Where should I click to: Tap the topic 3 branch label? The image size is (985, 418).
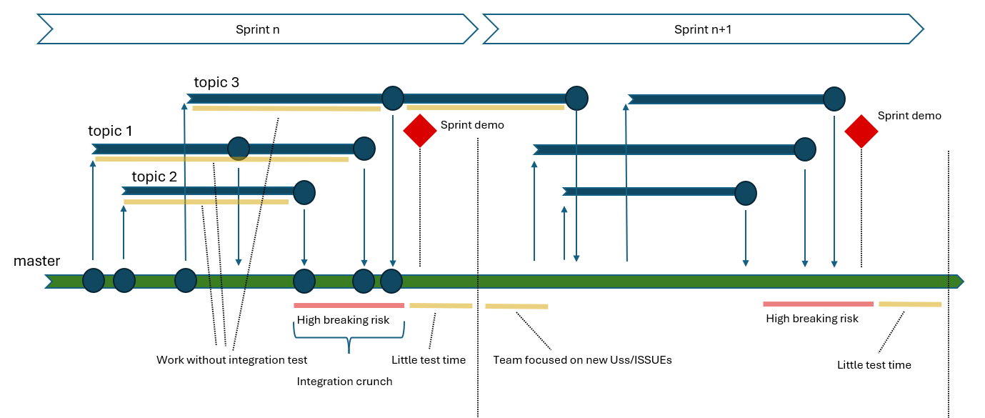click(216, 82)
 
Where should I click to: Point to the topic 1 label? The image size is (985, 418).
click(110, 131)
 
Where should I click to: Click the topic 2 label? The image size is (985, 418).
click(154, 176)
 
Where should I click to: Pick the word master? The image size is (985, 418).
click(37, 262)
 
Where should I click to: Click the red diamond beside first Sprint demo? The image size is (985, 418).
click(420, 131)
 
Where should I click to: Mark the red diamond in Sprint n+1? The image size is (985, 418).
click(861, 131)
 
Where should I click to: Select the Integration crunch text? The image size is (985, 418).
click(344, 382)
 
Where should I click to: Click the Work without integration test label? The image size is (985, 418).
click(231, 360)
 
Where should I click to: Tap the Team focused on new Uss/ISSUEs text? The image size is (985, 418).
click(582, 360)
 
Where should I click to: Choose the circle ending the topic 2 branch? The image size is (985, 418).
click(304, 191)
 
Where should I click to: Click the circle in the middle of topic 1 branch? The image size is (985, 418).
click(238, 149)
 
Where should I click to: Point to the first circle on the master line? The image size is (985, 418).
click(93, 280)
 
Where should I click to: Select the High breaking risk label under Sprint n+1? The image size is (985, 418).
click(812, 319)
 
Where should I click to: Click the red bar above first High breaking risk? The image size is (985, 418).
click(349, 305)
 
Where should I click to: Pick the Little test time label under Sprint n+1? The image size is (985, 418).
click(874, 365)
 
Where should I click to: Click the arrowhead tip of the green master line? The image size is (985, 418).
click(962, 281)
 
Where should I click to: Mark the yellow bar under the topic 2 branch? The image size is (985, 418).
click(206, 202)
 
